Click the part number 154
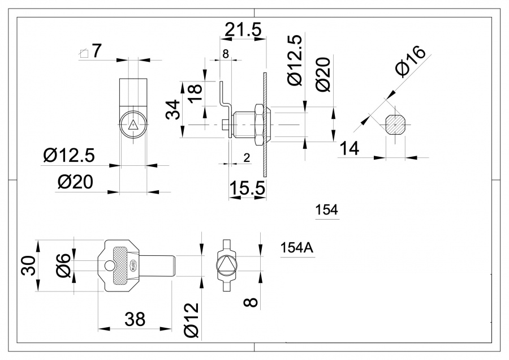click(x=326, y=210)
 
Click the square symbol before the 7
click(x=84, y=54)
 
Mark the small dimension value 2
click(x=246, y=158)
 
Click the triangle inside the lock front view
click(x=133, y=125)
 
